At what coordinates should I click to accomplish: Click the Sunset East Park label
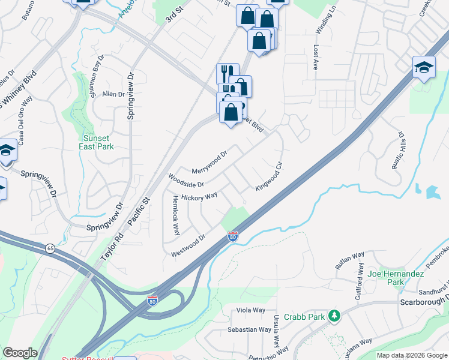[x=98, y=142]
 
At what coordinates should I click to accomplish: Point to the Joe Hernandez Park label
[x=396, y=277]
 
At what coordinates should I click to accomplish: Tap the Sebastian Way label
[x=249, y=329]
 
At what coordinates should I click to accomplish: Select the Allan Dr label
[x=113, y=94]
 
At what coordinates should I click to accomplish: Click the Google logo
[x=20, y=353]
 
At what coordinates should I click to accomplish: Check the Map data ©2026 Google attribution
[x=412, y=355]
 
